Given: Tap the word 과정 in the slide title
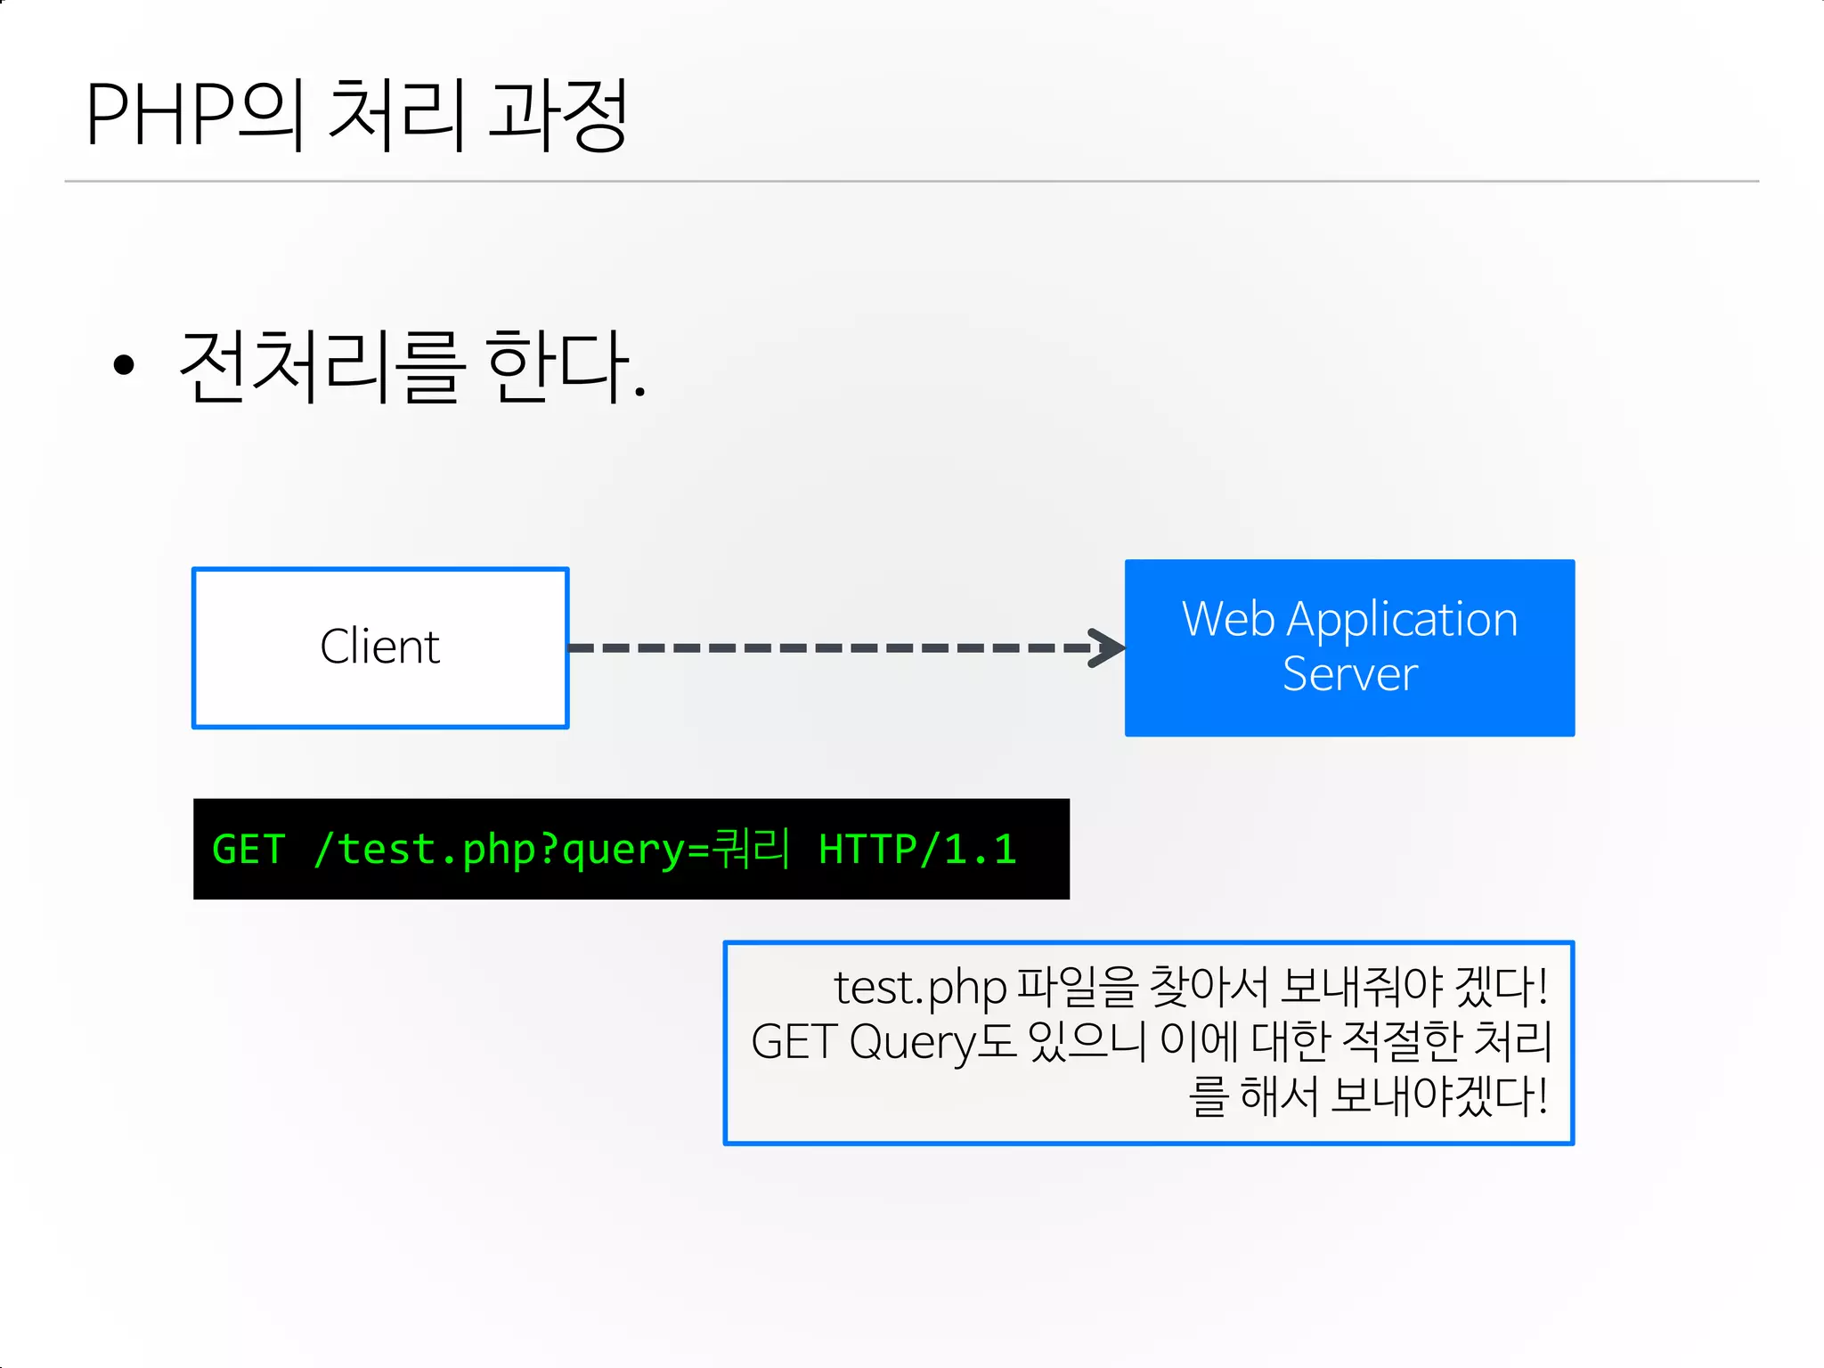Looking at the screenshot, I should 558,114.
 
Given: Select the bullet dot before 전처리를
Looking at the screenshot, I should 124,364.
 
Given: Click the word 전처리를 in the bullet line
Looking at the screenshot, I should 322,366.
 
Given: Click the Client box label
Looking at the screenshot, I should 380,647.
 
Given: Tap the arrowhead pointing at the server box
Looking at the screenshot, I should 1108,647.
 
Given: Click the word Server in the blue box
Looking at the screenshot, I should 1349,674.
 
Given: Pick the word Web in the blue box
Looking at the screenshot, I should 1228,619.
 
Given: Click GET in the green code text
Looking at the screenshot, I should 248,849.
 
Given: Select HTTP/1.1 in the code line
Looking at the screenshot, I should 917,849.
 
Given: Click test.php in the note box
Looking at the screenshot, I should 920,987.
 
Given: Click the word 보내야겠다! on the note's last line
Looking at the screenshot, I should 1438,1095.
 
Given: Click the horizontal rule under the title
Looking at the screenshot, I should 912,182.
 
